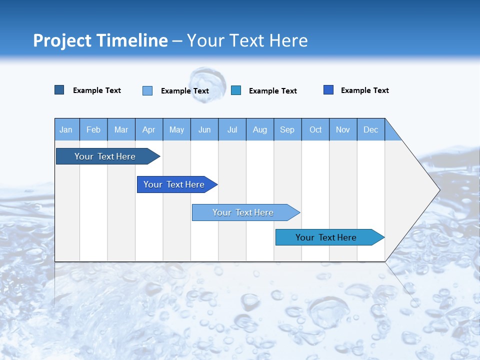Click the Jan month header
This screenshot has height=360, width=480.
pyautogui.click(x=66, y=129)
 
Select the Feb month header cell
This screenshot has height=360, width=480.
pyautogui.click(x=93, y=129)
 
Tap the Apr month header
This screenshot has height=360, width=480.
pyautogui.click(x=149, y=129)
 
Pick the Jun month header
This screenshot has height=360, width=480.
pyautogui.click(x=204, y=129)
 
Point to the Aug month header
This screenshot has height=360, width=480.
pyautogui.click(x=260, y=129)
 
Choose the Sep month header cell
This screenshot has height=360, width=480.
pyautogui.click(x=287, y=129)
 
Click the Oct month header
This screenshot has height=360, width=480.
pyautogui.click(x=315, y=129)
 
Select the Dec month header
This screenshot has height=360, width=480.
pyautogui.click(x=371, y=129)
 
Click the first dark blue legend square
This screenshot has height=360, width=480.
pyautogui.click(x=59, y=90)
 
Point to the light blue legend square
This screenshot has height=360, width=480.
pyautogui.click(x=147, y=90)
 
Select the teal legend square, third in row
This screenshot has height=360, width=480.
pyautogui.click(x=236, y=90)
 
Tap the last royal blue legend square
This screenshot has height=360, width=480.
pyautogui.click(x=328, y=90)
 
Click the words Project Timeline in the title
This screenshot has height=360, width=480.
pyautogui.click(x=100, y=40)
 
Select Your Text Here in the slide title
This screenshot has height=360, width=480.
pyautogui.click(x=247, y=40)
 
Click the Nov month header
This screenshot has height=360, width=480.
pyautogui.click(x=343, y=129)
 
